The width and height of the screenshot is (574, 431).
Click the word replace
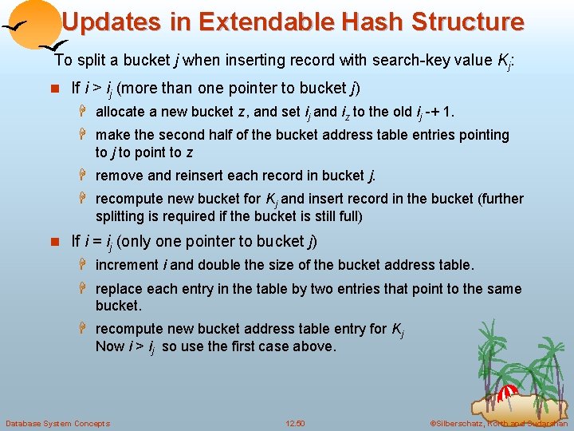tap(120, 289)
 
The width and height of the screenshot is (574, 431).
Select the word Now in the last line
tap(110, 346)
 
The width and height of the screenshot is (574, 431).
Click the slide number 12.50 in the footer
tap(295, 423)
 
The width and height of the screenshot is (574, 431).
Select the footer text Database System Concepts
tap(57, 423)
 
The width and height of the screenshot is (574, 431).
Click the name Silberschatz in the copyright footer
tap(463, 423)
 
